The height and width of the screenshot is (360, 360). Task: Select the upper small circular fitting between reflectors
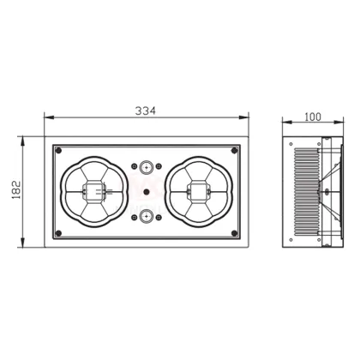pyautogui.click(x=147, y=168)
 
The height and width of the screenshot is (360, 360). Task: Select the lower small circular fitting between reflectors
pyautogui.click(x=147, y=216)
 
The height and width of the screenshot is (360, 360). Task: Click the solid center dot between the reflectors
pyautogui.click(x=147, y=192)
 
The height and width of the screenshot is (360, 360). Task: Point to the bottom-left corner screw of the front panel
pyautogui.click(x=58, y=232)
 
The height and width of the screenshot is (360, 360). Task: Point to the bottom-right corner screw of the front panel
pyautogui.click(x=236, y=232)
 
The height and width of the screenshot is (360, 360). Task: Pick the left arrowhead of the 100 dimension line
pyautogui.click(x=285, y=123)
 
